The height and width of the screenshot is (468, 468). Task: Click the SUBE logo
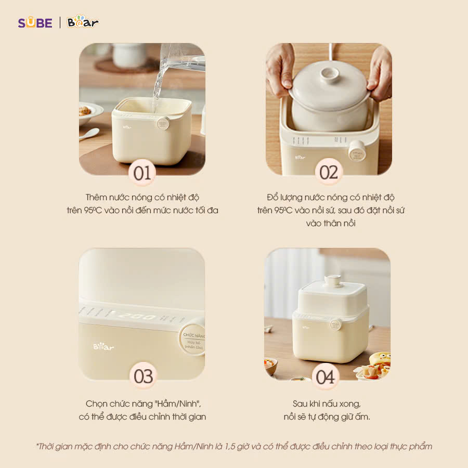coord(35,23)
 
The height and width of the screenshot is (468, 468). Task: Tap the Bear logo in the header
coord(83,22)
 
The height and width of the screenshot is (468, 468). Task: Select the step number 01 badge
coord(141,173)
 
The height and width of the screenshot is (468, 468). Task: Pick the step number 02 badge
coord(329,173)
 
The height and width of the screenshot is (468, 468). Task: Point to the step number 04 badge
coord(326,376)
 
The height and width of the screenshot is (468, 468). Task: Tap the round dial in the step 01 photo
coord(163,124)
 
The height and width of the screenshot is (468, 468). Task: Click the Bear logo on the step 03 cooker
coord(103,346)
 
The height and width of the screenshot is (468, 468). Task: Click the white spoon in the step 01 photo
coord(89,134)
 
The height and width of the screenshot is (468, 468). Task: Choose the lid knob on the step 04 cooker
coord(332,281)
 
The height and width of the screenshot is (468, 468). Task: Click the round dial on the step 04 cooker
coord(336,324)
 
